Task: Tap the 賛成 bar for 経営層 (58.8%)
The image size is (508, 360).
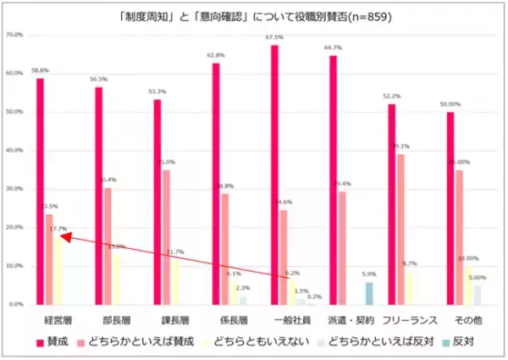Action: tap(40, 191)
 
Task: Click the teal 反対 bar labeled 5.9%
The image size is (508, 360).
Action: tap(368, 292)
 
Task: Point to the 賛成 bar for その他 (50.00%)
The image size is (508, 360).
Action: tap(450, 208)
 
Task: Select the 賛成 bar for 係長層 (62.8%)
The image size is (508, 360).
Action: tap(216, 183)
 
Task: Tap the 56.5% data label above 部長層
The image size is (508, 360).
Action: tap(98, 80)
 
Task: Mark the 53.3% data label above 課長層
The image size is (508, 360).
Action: tap(157, 91)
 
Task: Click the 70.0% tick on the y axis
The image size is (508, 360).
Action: tap(14, 35)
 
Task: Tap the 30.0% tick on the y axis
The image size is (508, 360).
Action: tap(14, 189)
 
